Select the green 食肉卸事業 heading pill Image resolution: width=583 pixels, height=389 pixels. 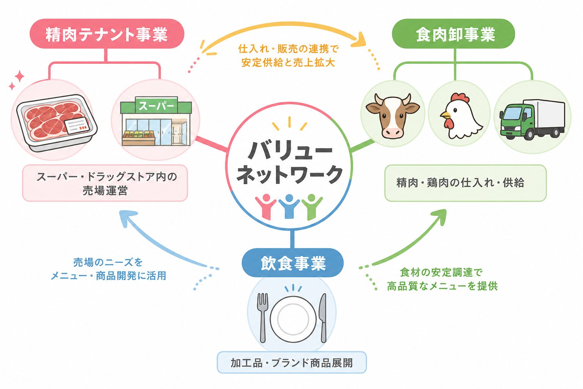pos(454,33)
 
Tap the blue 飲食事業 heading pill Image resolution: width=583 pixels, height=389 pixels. pos(293,262)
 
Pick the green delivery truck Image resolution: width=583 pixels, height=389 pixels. pos(533,119)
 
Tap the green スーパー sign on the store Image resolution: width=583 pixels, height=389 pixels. pos(156,106)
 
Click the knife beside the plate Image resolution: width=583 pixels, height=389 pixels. pos(323,318)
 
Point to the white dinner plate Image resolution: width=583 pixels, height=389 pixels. pos(293,319)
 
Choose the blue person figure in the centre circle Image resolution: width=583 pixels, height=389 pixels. pos(289,206)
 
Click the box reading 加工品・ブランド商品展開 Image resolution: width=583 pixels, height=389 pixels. pos(292,362)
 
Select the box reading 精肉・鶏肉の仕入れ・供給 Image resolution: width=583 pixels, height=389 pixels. pos(465,183)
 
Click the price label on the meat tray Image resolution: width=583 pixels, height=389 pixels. pos(77,126)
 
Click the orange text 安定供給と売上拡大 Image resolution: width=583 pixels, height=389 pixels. pos(288,63)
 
